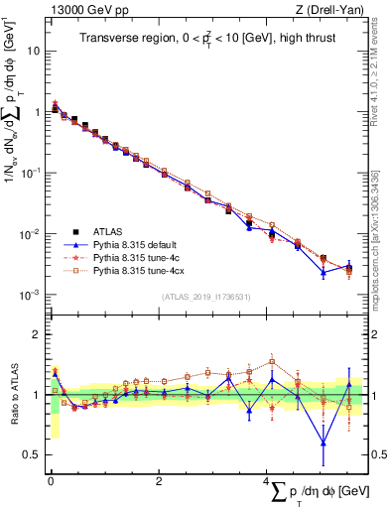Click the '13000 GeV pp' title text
click(86, 9)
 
